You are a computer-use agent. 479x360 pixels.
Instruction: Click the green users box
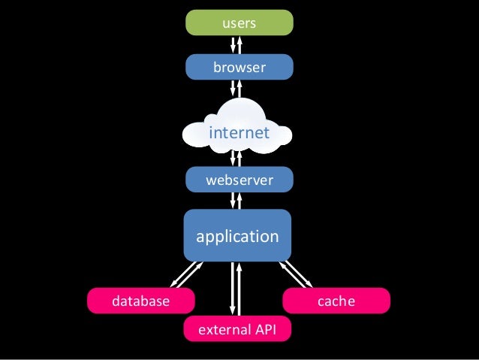(x=239, y=23)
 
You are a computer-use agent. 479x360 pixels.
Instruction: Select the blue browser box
(x=239, y=68)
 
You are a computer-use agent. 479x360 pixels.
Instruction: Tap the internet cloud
(x=239, y=133)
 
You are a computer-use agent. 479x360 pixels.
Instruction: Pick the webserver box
(x=239, y=180)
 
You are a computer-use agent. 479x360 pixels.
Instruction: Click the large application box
(x=237, y=236)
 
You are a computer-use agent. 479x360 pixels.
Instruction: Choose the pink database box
(x=140, y=301)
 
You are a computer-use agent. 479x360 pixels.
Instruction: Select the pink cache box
(x=336, y=301)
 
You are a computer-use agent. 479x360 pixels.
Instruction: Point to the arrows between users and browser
(x=236, y=45)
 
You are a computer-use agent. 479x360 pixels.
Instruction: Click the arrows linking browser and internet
(x=236, y=89)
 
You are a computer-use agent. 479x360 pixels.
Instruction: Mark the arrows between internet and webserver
(x=236, y=158)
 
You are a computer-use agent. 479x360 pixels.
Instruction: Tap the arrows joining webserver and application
(x=236, y=200)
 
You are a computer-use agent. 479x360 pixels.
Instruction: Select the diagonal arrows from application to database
(x=186, y=275)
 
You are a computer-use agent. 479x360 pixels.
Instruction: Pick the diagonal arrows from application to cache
(x=296, y=275)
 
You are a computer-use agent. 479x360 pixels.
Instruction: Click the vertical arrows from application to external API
(x=236, y=289)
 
